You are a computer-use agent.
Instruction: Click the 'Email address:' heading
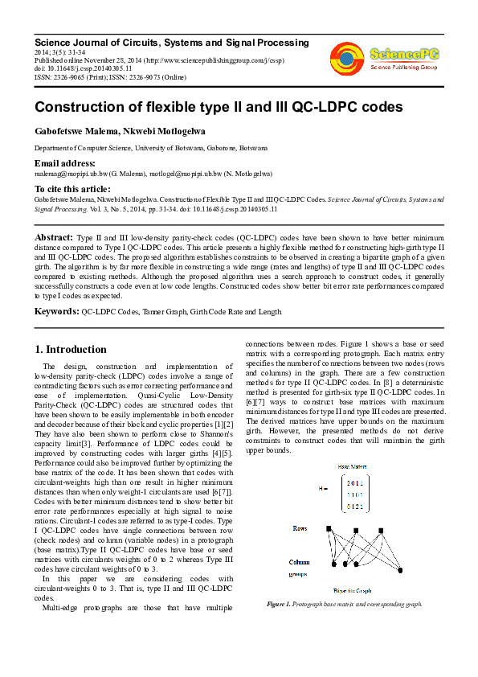point(63,162)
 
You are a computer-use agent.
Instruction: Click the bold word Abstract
point(52,239)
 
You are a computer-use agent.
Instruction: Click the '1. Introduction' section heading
point(71,350)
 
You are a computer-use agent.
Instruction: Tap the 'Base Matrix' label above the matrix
point(351,467)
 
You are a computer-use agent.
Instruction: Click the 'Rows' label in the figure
point(300,528)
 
